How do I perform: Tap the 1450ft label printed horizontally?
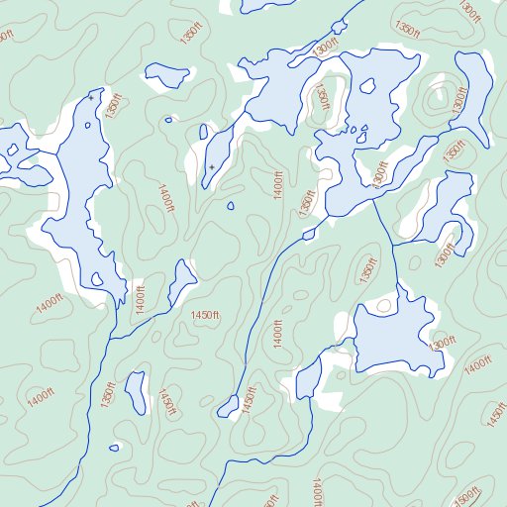(204, 315)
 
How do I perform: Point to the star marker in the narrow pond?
(211, 166)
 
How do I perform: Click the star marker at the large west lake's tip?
(91, 98)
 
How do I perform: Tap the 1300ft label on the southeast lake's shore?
(442, 343)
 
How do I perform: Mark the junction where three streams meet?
(393, 245)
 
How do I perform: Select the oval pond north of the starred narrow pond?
(166, 75)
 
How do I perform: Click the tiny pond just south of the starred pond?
(230, 207)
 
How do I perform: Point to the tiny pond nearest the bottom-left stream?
(114, 448)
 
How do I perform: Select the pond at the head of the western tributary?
(181, 282)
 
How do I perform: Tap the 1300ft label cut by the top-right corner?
(469, 12)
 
